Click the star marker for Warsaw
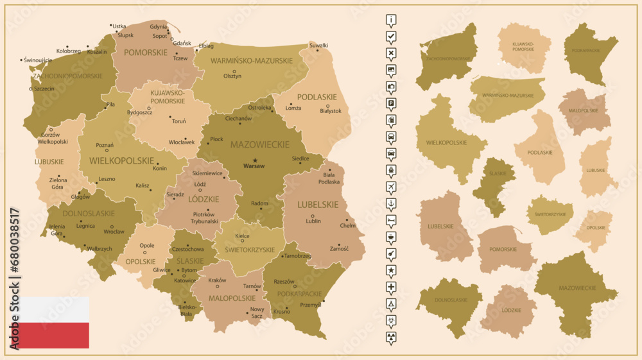pyautogui.click(x=255, y=160)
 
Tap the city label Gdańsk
pyautogui.click(x=182, y=43)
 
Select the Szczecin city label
pyautogui.click(x=44, y=89)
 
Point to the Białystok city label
pyautogui.click(x=331, y=111)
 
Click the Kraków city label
pyautogui.click(x=217, y=280)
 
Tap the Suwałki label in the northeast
pyautogui.click(x=318, y=46)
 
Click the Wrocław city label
pyautogui.click(x=114, y=231)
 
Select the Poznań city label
pyautogui.click(x=104, y=145)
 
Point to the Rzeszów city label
pyautogui.click(x=284, y=281)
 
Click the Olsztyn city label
pyautogui.click(x=232, y=76)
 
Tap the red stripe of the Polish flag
pyautogui.click(x=49, y=335)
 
